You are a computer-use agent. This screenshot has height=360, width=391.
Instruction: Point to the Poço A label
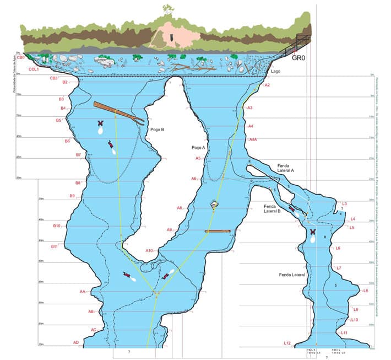(198, 148)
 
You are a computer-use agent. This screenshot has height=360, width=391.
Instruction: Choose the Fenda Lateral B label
(273, 207)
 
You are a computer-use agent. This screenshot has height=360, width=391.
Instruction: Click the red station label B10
(56, 225)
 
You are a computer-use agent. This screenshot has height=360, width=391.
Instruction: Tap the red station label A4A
(253, 140)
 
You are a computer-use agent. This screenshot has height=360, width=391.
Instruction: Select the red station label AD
(76, 342)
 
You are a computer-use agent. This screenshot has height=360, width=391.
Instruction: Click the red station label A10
(149, 251)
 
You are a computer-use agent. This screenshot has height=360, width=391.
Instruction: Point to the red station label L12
(287, 343)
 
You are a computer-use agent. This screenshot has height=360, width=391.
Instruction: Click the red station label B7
(78, 155)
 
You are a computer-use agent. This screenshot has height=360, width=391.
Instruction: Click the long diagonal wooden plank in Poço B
(118, 112)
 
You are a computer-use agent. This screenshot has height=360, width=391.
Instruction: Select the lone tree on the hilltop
(167, 10)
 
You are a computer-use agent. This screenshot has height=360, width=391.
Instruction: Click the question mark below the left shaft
(128, 352)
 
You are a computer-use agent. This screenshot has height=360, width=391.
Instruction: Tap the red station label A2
(267, 85)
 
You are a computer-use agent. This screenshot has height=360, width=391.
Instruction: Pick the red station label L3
(345, 204)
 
